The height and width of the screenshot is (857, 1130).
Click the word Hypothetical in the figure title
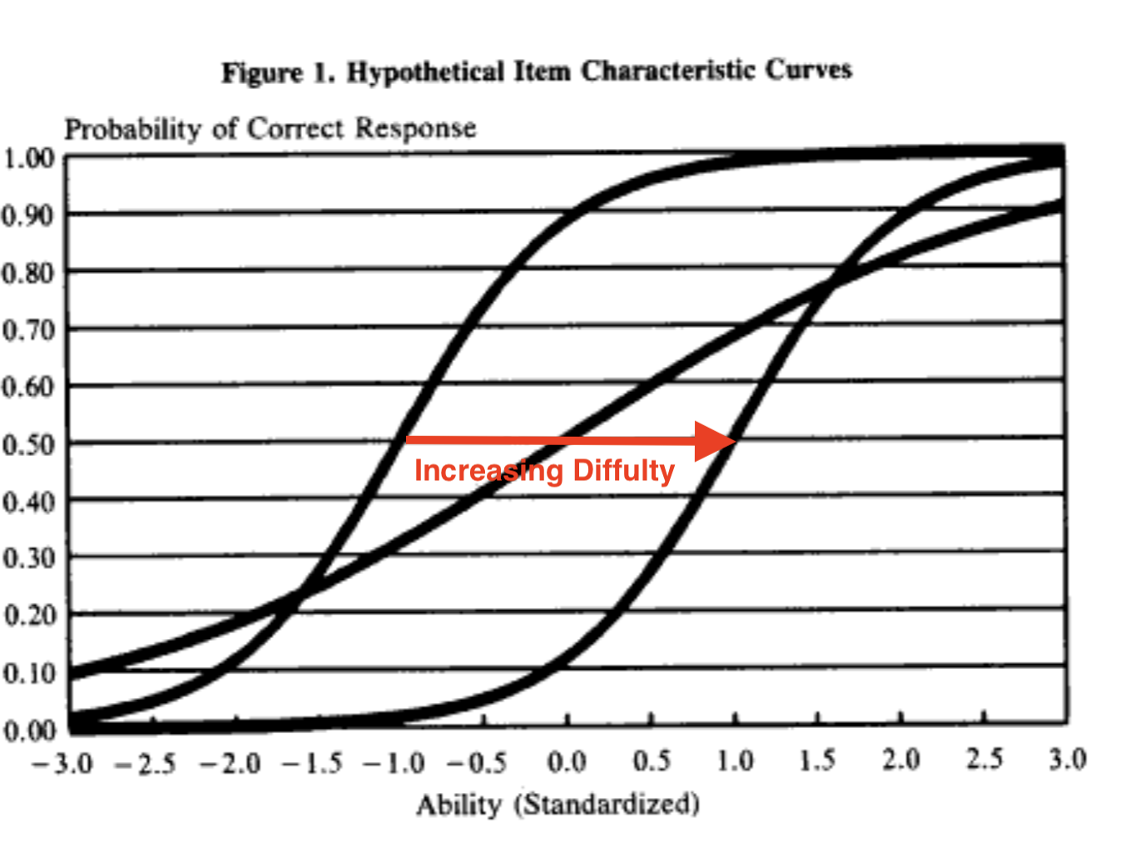pyautogui.click(x=425, y=72)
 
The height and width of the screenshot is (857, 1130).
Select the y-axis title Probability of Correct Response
pyautogui.click(x=270, y=129)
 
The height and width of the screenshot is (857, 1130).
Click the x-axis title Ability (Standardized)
pyautogui.click(x=558, y=805)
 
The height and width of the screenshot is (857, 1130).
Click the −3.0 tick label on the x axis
pyautogui.click(x=62, y=764)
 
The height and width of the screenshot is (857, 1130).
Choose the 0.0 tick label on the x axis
pyautogui.click(x=567, y=762)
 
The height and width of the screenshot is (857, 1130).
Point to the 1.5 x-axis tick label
pyautogui.click(x=817, y=760)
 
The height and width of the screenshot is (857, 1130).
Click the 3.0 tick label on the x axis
pyautogui.click(x=1068, y=760)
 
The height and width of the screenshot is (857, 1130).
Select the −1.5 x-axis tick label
pyautogui.click(x=312, y=763)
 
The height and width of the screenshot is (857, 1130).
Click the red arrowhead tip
pyautogui.click(x=736, y=441)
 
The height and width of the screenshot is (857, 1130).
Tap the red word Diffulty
pyautogui.click(x=623, y=471)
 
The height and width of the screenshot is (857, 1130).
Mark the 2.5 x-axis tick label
pyautogui.click(x=984, y=760)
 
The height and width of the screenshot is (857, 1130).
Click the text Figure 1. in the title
pyautogui.click(x=278, y=73)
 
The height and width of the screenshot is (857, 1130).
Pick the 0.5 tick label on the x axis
pyautogui.click(x=652, y=761)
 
